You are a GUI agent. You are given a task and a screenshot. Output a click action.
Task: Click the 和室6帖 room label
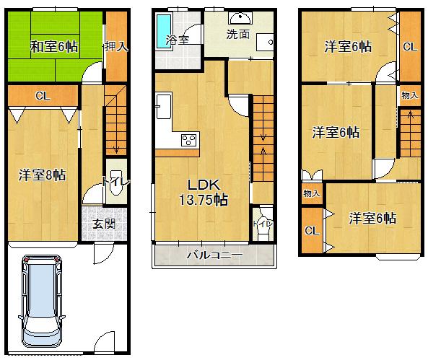click(x=53, y=48)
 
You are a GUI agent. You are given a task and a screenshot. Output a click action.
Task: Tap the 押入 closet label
click(x=115, y=48)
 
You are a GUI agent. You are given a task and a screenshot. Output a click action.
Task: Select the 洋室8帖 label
click(x=43, y=175)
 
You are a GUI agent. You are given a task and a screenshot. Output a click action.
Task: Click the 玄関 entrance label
click(x=103, y=224)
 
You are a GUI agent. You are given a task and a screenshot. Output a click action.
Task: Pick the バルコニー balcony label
click(x=214, y=255)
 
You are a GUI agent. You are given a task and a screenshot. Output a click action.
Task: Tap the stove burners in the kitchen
click(x=189, y=140)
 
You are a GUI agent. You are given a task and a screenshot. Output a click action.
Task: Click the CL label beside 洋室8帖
click(x=42, y=95)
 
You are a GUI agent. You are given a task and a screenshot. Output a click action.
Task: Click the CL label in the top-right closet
click(x=409, y=48)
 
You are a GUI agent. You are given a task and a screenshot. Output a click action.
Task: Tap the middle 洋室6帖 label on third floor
click(x=336, y=133)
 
